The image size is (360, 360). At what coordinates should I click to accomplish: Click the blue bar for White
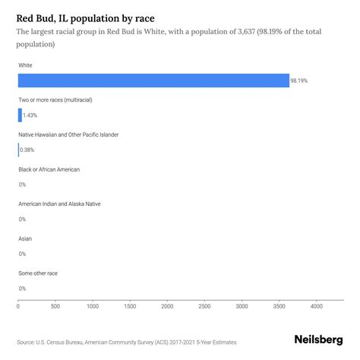coord(153,81)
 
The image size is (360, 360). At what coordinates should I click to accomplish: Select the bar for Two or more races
coord(20,115)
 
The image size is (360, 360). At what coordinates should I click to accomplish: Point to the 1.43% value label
coord(30,115)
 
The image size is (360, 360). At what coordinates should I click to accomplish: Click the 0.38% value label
coord(27,150)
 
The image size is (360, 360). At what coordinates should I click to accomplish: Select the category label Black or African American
coord(49,169)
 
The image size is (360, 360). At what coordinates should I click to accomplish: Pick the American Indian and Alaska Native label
coord(59,204)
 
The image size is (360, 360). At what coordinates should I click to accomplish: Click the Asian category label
coord(25,238)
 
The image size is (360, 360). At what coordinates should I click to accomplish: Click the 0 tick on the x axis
coord(18,307)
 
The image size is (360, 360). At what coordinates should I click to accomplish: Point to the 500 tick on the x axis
coord(55,307)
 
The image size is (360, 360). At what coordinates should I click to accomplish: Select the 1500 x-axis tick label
coord(130,307)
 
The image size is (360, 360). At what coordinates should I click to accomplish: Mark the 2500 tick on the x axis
coord(204,307)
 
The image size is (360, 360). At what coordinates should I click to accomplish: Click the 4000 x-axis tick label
coord(316,307)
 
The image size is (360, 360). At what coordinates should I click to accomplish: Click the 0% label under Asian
coord(22,254)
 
